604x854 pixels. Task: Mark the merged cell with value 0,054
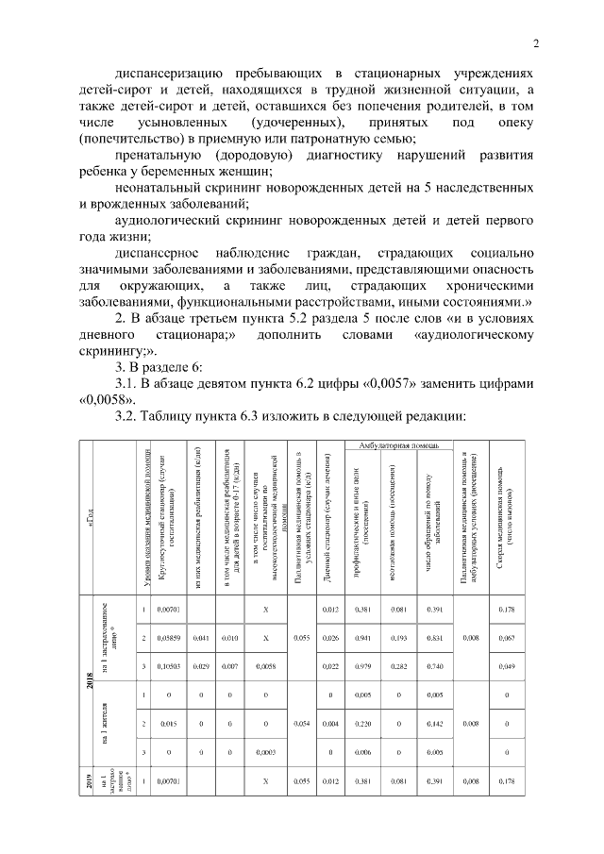(300, 724)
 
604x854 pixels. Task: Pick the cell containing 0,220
(360, 724)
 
